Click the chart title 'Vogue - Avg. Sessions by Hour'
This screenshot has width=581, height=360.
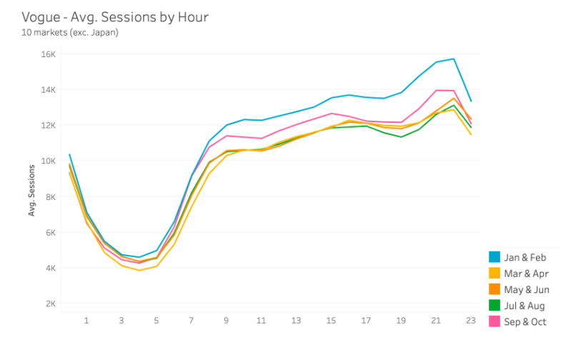pos(115,16)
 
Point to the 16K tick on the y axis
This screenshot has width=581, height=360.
pos(47,54)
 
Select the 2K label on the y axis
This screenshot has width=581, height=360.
pos(49,304)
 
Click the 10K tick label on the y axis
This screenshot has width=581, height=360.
pos(47,161)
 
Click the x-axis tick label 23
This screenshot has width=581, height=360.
pos(470,321)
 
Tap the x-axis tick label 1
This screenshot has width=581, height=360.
pos(86,321)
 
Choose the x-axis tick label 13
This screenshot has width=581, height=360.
pos(296,321)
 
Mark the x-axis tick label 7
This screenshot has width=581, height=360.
pos(192,321)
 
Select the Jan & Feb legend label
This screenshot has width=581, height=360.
pos(525,257)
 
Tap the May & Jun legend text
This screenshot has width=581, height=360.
pos(526,290)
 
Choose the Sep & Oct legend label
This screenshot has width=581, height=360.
pos(525,322)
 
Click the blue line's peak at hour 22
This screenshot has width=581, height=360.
pos(453,59)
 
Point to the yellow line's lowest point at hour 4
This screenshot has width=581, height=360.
pos(139,270)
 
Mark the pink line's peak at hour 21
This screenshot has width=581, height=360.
pos(436,90)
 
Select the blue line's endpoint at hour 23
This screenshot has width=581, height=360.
pos(471,101)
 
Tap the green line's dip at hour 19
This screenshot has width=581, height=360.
pos(401,136)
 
